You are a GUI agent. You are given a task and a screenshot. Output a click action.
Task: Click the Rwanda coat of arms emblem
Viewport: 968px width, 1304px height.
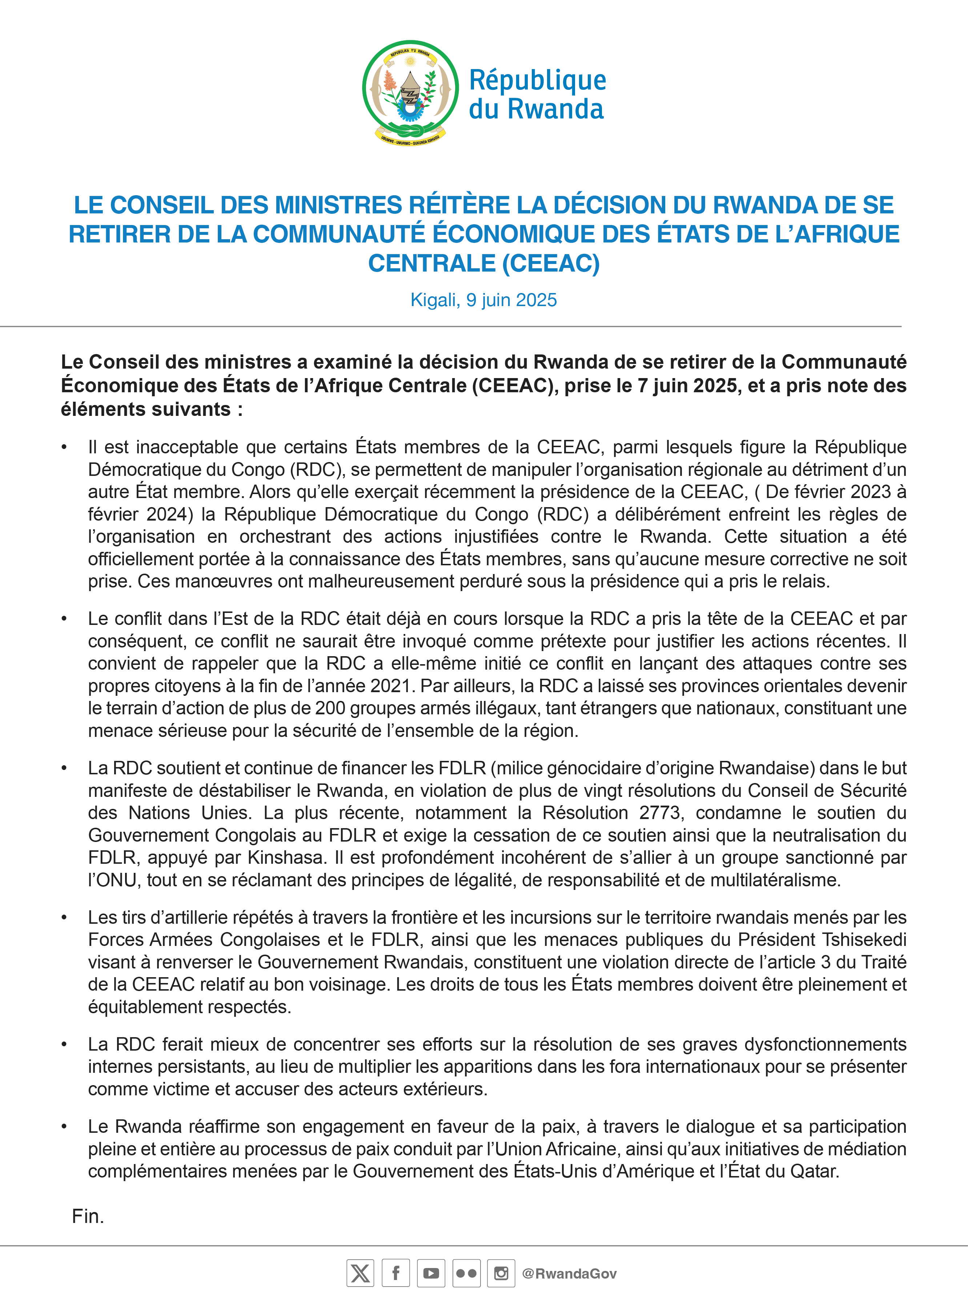coord(410,91)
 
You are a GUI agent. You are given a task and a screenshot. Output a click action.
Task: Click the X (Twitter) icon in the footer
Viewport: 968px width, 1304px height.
coord(360,1273)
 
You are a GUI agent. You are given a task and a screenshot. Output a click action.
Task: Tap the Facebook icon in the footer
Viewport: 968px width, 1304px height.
coord(395,1273)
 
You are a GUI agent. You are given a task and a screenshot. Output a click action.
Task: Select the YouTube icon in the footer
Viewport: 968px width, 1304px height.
coord(431,1273)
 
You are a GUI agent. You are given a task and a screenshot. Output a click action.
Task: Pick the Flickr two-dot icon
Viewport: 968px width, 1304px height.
coord(466,1273)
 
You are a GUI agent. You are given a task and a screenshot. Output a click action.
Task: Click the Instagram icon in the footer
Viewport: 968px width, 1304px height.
coord(501,1273)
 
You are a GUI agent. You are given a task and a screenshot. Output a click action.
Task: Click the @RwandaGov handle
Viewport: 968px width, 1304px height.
coord(569,1273)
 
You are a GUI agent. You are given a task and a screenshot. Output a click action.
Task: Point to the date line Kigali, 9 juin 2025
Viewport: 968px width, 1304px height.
coord(483,300)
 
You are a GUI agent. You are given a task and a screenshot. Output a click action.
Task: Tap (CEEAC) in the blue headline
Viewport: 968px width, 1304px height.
coord(551,263)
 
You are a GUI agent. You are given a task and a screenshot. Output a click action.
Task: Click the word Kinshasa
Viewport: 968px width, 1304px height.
coord(286,858)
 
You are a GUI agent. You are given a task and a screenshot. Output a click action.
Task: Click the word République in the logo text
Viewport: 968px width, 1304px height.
coord(537,80)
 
